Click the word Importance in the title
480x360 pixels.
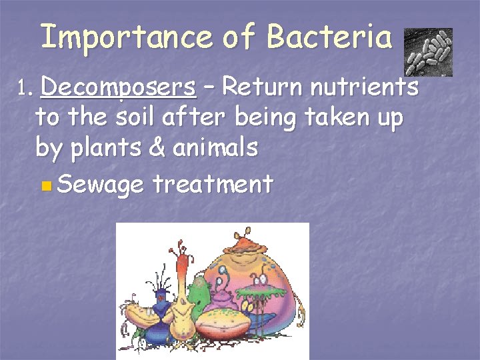pyautogui.click(x=125, y=37)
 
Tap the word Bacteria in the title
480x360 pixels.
pyautogui.click(x=329, y=37)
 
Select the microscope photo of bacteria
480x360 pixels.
pyautogui.click(x=428, y=51)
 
